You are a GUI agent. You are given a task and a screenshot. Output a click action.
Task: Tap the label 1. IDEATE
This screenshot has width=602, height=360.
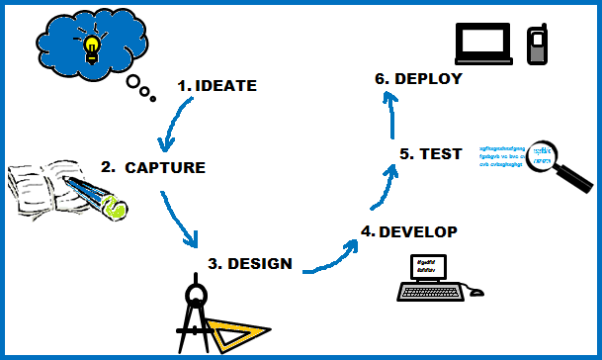(x=216, y=86)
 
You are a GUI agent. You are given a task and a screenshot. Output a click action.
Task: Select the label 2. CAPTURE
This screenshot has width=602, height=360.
(x=152, y=167)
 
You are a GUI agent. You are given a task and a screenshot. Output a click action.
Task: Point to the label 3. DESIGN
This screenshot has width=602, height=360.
(x=250, y=264)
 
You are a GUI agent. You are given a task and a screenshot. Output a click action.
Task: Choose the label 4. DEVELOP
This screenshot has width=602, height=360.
(x=409, y=232)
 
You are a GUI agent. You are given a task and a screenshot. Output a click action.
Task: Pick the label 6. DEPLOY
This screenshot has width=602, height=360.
(x=418, y=78)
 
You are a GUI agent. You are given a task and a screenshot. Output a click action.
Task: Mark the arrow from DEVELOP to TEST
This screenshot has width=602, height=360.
(x=387, y=187)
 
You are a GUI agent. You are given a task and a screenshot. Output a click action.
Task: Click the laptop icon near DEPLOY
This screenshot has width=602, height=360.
(x=483, y=43)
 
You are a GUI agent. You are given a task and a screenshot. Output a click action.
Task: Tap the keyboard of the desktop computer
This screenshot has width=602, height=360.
(x=430, y=292)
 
